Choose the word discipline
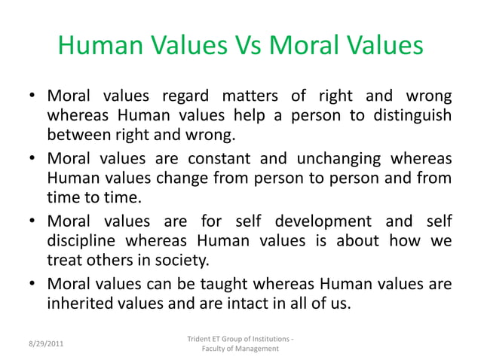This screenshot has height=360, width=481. coord(88,242)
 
